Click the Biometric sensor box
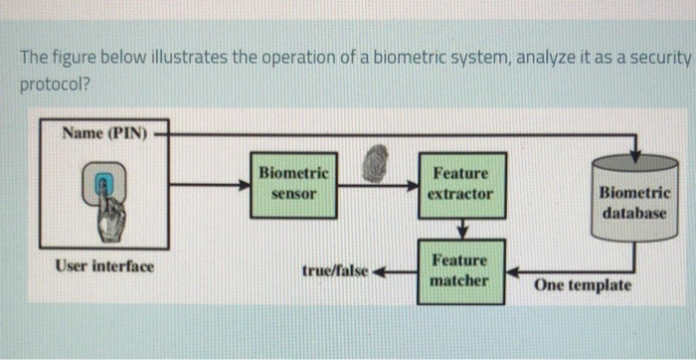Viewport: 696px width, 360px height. [293, 183]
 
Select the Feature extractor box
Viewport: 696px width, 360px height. [459, 183]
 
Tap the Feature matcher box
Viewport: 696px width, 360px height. [459, 270]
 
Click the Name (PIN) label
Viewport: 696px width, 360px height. [103, 132]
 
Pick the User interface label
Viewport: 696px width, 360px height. [104, 267]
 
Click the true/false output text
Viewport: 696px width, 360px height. [334, 270]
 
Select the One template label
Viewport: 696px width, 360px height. [582, 285]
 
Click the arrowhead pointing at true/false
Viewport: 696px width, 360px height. [379, 270]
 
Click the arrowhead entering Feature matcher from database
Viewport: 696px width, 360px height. [510, 270]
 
